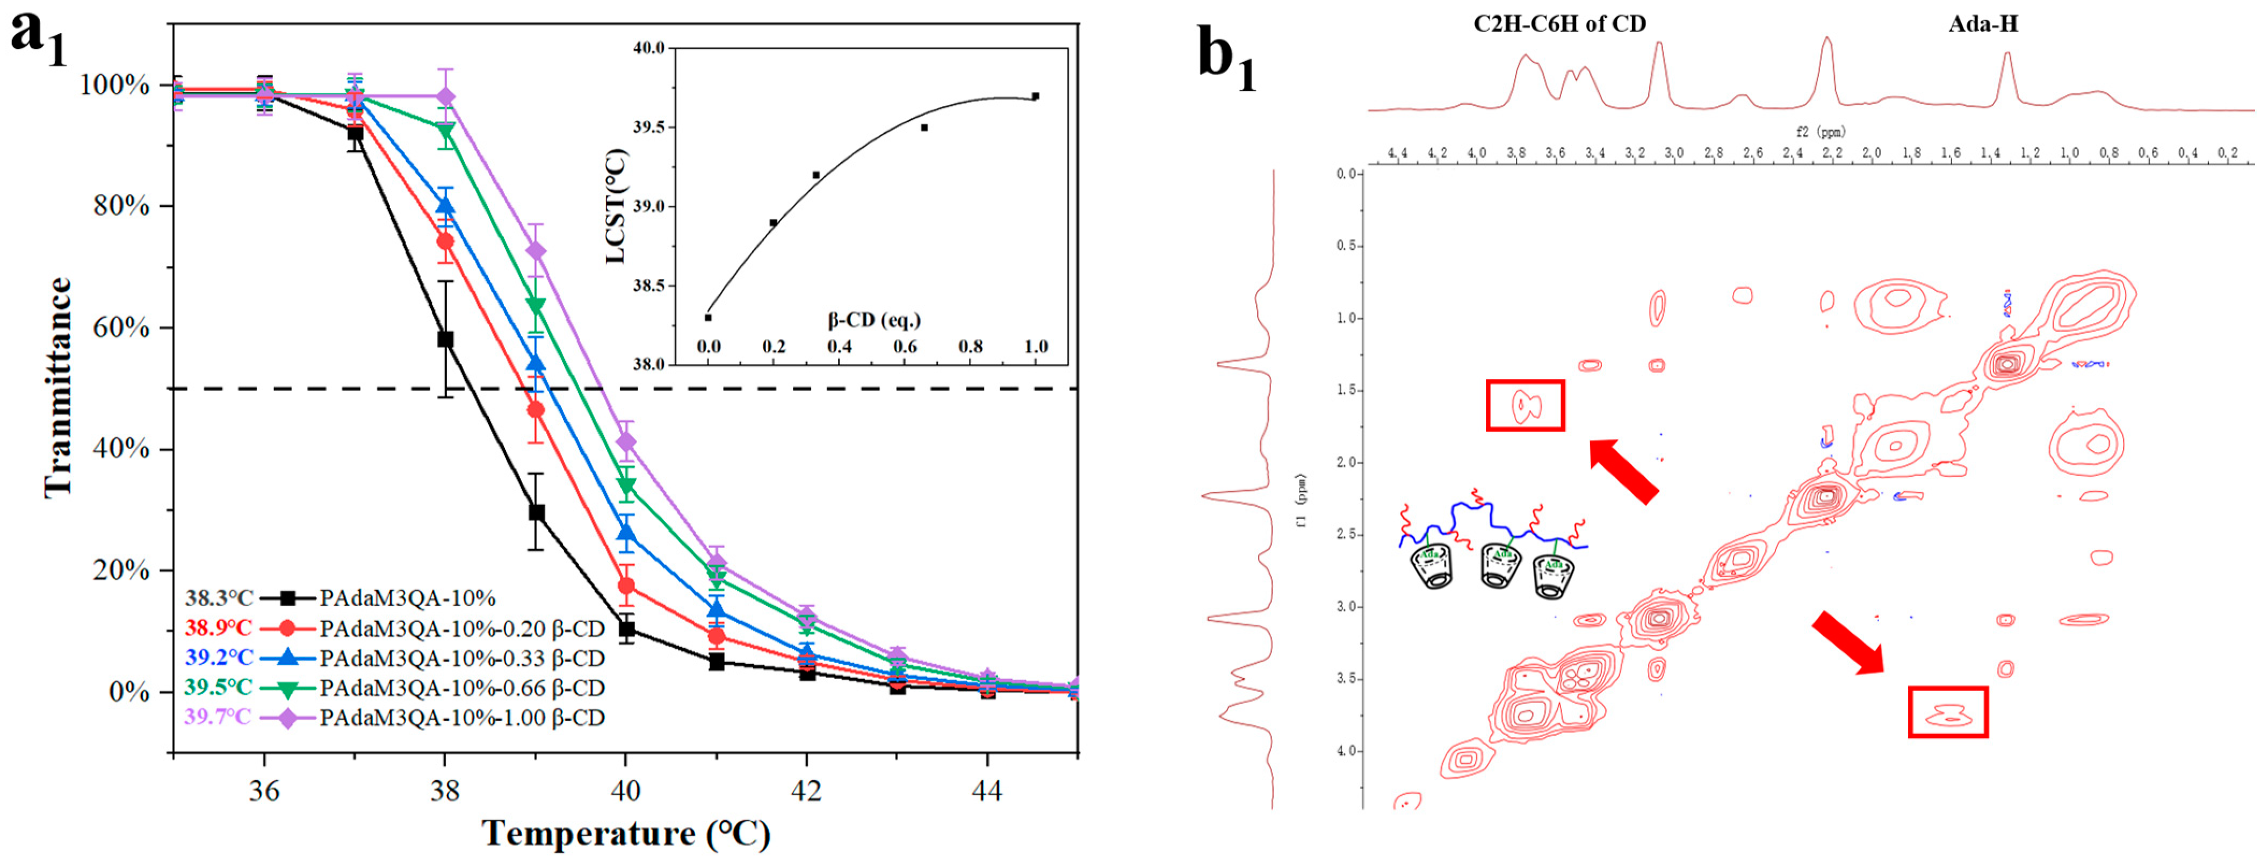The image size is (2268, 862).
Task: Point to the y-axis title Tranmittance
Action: coord(58,387)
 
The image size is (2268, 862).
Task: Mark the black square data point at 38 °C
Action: coord(445,340)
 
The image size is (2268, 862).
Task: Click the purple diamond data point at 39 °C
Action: coord(535,251)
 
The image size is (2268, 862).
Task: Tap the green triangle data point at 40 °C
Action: coord(626,485)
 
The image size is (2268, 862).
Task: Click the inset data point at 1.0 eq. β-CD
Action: coord(1035,96)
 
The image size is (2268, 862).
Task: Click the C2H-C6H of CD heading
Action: coord(1559,24)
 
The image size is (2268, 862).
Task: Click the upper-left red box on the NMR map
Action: coord(1525,405)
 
